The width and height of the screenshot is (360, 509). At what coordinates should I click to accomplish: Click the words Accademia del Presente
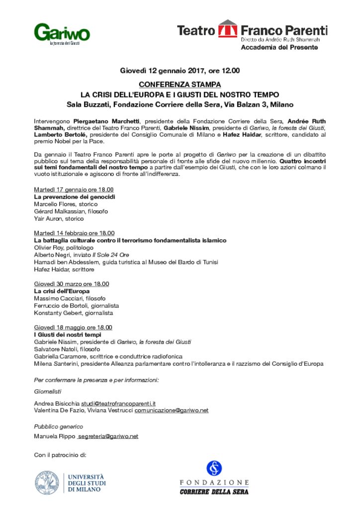point(279,47)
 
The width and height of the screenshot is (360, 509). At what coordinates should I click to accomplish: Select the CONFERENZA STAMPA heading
point(180,85)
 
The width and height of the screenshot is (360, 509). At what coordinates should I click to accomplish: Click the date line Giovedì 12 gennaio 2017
point(180,71)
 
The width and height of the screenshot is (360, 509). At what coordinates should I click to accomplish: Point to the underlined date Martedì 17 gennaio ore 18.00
point(74,190)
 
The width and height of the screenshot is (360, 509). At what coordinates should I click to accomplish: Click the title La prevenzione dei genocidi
point(75,197)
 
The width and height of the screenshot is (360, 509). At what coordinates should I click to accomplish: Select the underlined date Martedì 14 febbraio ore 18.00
point(74,233)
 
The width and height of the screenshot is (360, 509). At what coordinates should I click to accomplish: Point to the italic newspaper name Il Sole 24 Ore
point(117,254)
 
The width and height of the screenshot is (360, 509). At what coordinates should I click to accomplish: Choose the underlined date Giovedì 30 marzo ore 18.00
point(71,284)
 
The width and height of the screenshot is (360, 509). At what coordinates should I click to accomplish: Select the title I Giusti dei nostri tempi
point(68,335)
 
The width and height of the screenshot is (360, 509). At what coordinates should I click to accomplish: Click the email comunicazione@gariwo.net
point(171,410)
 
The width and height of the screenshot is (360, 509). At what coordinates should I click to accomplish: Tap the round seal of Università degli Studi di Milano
point(48,483)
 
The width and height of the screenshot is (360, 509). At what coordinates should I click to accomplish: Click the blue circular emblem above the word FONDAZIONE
point(214,468)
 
